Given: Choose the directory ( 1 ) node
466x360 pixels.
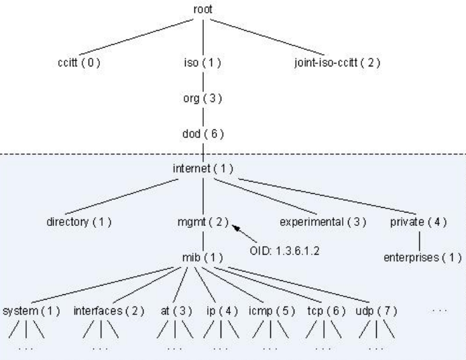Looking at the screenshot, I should coord(78,221).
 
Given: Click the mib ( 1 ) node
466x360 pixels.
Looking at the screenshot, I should coord(202,257).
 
